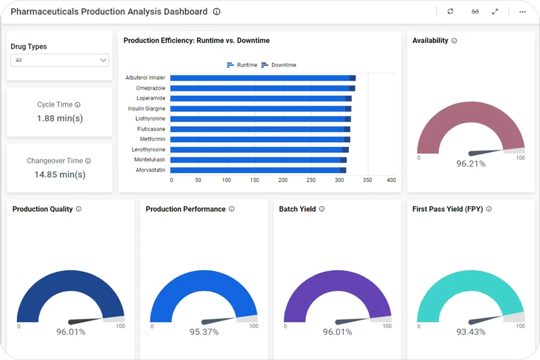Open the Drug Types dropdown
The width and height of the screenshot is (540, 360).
(59, 60)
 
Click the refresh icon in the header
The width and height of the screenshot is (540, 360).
(450, 12)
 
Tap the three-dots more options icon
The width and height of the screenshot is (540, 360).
(522, 12)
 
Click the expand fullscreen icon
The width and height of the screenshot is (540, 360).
(495, 12)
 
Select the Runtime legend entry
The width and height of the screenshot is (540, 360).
(243, 65)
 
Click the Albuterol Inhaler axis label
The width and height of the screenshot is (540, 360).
(145, 78)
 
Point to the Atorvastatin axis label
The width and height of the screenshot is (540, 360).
(150, 170)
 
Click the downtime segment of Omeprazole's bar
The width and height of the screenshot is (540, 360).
(352, 88)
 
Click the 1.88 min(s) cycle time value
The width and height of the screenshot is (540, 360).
(60, 118)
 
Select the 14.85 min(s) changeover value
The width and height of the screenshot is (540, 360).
(60, 175)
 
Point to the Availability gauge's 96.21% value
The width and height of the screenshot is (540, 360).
(471, 164)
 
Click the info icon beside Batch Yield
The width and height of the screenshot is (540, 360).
(322, 209)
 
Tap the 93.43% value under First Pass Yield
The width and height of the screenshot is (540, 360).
(471, 332)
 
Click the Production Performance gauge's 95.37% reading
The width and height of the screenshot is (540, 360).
(204, 332)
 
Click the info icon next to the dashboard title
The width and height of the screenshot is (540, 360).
(216, 12)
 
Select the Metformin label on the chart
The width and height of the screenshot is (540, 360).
(153, 139)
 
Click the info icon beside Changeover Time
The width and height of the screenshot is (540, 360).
(88, 161)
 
